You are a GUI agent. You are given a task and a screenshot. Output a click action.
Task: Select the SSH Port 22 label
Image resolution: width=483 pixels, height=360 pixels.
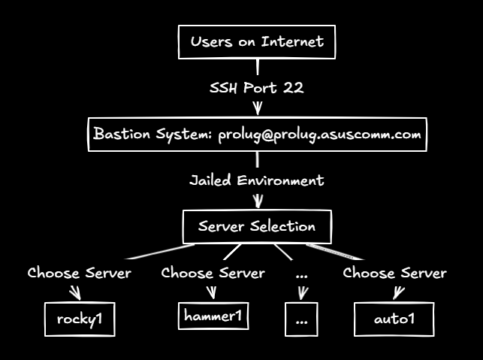[x=257, y=88]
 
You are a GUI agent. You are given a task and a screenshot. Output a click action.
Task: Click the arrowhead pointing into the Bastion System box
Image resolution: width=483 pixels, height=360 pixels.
[x=258, y=108]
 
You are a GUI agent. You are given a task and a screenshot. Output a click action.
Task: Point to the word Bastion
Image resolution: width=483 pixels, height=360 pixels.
[x=122, y=134]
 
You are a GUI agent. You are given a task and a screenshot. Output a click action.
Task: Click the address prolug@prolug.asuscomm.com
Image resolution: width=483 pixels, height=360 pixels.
[x=319, y=135]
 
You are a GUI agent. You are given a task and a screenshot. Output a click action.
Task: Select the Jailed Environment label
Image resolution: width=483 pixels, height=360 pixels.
[x=257, y=180]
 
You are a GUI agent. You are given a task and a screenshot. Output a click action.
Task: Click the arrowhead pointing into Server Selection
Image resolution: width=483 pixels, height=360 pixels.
[x=258, y=201]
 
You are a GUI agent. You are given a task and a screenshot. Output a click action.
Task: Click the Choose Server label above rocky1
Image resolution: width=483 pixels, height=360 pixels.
[x=80, y=273]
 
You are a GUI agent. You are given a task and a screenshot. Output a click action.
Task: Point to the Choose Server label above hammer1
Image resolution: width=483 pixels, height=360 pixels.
[x=213, y=273]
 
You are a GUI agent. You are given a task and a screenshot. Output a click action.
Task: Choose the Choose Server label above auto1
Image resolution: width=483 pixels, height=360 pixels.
[x=395, y=273]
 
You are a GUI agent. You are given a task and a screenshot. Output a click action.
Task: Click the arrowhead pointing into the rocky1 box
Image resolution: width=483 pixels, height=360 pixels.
[x=76, y=293]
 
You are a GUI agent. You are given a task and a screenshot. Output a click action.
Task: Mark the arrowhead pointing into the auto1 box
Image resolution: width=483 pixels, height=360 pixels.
[x=398, y=293]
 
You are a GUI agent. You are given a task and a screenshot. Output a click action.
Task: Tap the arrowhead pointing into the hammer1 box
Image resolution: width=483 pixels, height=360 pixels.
[x=213, y=293]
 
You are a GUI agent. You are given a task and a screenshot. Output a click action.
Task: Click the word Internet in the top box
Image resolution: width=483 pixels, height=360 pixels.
[x=292, y=41]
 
